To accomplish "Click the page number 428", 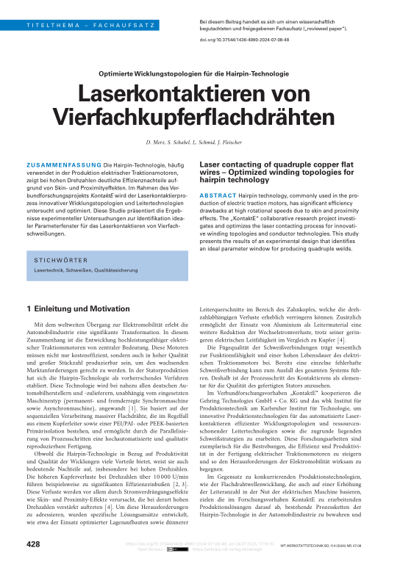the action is pyautogui.click(x=34, y=544).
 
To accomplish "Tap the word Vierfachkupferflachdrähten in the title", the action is pyautogui.click(x=200, y=117).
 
